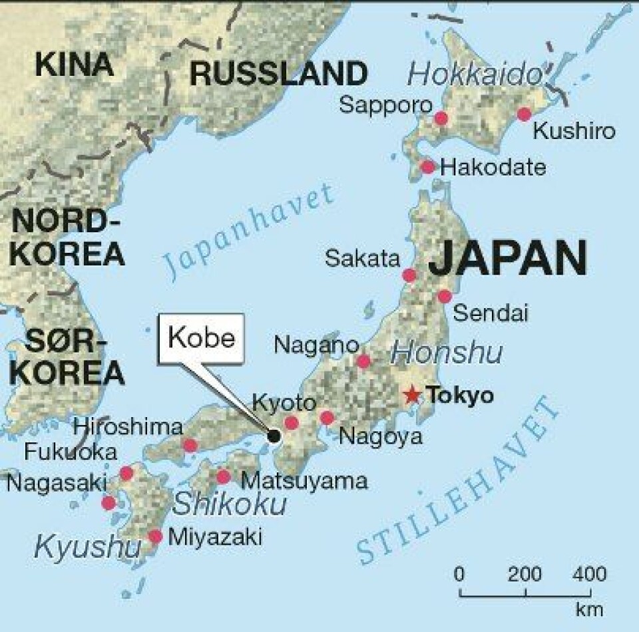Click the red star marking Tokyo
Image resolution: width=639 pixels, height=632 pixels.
coord(413,396)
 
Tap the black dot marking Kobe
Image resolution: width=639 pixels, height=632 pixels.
coord(274,436)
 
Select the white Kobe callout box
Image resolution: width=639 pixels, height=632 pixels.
coord(202,338)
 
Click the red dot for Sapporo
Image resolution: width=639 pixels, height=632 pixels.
coord(441,118)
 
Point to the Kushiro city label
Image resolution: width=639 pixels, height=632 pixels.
coord(575,132)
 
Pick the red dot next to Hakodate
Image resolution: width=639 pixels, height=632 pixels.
coord(428,166)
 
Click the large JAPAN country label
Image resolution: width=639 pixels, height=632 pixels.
coord(508,258)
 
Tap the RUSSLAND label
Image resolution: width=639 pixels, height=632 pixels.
coord(278,73)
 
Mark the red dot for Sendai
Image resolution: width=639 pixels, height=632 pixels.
coord(445,297)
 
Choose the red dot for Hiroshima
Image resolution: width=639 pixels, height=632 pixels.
coord(190,445)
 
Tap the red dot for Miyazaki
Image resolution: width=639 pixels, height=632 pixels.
coord(155,536)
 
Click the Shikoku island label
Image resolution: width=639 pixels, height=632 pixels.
coord(230,505)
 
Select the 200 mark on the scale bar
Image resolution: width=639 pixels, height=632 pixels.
coord(526,573)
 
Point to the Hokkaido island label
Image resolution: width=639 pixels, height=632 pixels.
coord(476,75)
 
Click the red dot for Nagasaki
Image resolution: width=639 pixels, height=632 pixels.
coord(108,503)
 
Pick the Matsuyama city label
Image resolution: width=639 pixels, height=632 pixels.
coord(304,480)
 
